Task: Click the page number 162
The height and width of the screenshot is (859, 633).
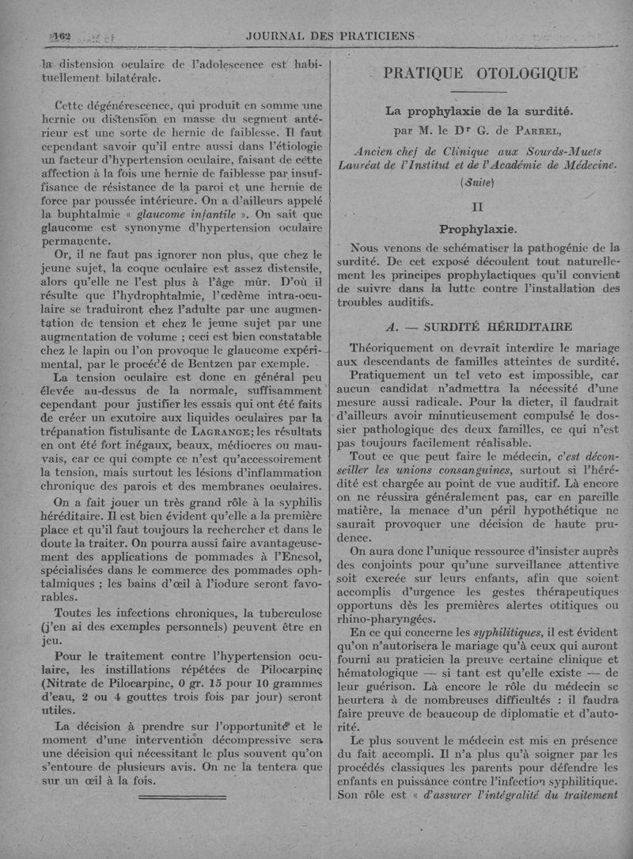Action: (x=60, y=36)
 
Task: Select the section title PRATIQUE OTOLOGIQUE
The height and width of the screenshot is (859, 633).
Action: (x=480, y=74)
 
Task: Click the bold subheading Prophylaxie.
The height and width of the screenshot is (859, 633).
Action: (x=478, y=230)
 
